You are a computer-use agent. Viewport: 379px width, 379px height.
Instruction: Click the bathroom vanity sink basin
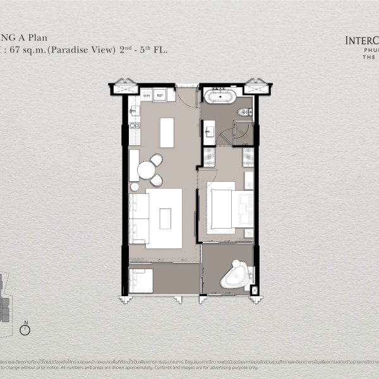tap(209, 131)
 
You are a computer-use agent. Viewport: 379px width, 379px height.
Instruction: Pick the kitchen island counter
tap(167, 131)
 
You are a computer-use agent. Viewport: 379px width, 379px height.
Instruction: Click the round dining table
tap(147, 170)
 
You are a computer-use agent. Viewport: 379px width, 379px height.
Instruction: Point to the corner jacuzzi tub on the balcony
tap(234, 273)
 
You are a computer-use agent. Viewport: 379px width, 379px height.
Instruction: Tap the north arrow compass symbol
tap(25, 328)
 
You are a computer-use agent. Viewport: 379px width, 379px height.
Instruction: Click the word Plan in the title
tap(52, 37)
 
